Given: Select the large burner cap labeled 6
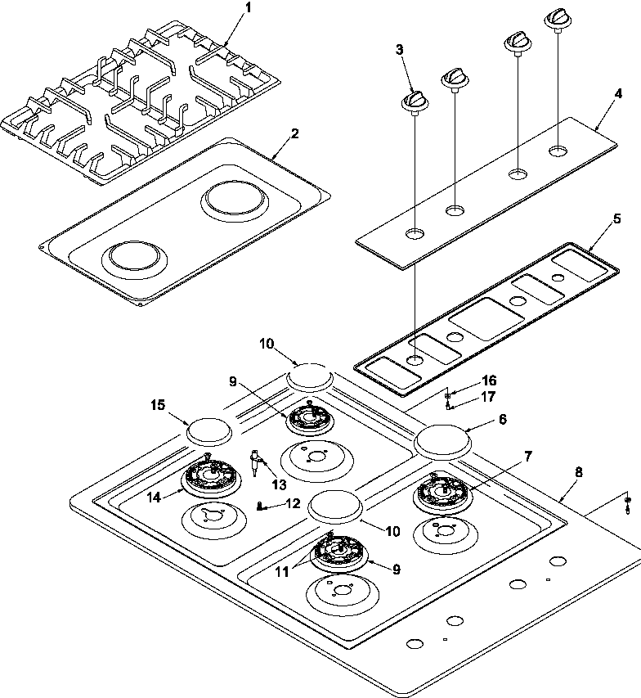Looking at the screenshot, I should pos(444,443).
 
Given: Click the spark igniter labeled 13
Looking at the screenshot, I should pos(258,463).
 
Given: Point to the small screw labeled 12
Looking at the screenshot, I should pos(260,507).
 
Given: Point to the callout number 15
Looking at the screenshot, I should pos(158,404).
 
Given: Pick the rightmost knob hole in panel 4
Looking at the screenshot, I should pos(558,150).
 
